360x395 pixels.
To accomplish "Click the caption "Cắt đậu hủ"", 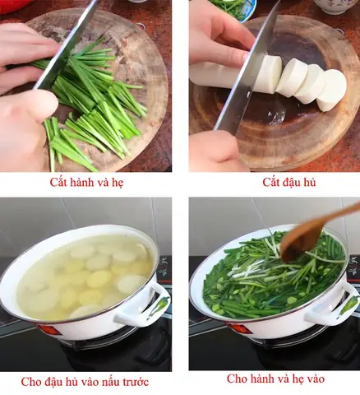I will [x=272, y=182].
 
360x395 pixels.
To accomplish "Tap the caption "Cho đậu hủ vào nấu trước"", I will [x=85, y=382].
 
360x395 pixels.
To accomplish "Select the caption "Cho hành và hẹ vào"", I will [x=275, y=379].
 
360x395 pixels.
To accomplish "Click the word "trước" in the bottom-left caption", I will [x=135, y=382].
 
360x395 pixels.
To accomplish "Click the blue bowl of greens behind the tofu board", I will [x=234, y=8].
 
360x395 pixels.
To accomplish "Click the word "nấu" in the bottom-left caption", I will [x=105, y=382].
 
